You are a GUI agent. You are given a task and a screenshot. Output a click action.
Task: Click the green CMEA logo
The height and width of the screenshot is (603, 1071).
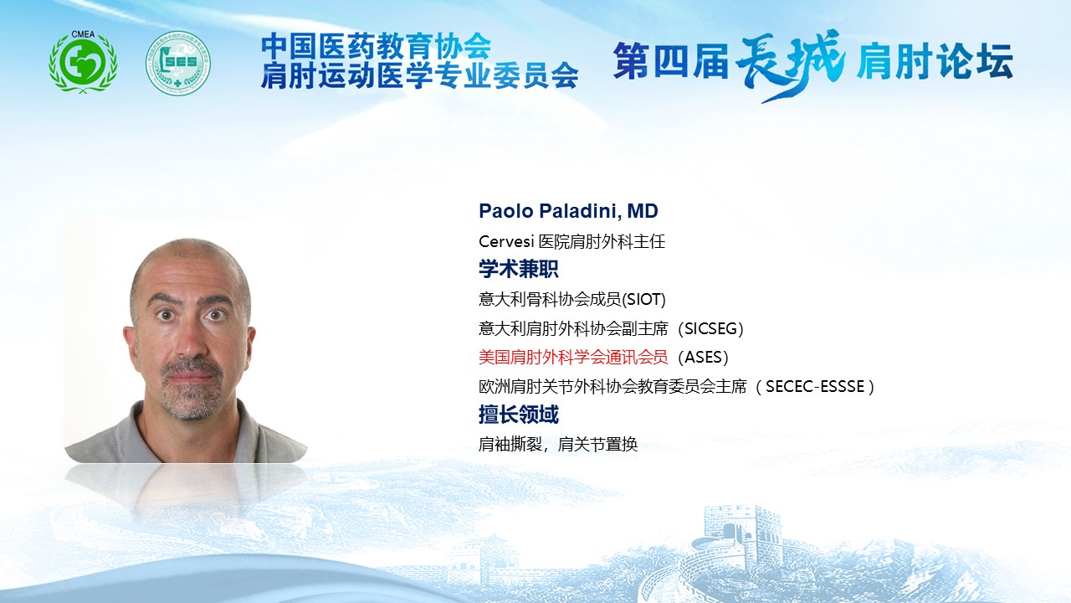click(83, 62)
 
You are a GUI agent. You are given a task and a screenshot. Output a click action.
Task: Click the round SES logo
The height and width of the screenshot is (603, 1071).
click(178, 63)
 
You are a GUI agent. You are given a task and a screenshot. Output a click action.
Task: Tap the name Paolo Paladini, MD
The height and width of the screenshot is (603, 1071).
click(568, 211)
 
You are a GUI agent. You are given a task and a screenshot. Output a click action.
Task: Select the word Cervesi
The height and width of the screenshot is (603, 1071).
click(506, 241)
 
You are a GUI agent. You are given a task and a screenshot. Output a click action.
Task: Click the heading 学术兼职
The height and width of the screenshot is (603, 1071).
click(518, 269)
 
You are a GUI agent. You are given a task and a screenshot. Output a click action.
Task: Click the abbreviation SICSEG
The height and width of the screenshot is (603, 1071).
click(710, 329)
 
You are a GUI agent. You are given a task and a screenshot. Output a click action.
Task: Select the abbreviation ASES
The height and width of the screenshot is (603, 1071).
click(704, 357)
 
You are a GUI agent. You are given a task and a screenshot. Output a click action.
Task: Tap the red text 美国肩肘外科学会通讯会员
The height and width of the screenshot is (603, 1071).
click(573, 357)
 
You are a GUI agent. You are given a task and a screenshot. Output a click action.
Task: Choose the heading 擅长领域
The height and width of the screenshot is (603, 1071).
click(518, 415)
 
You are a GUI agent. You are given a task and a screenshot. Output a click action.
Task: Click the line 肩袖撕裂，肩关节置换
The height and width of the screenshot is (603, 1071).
click(558, 445)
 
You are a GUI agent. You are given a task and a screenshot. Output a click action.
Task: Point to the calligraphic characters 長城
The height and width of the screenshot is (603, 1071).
click(790, 64)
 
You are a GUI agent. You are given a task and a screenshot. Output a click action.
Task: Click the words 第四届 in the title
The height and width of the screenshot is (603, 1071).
click(670, 62)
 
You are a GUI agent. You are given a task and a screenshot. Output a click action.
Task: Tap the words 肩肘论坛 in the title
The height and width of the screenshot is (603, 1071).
click(935, 62)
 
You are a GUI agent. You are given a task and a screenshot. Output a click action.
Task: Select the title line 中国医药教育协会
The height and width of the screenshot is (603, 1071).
click(376, 46)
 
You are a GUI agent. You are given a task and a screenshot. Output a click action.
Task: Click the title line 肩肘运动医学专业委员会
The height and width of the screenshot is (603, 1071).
click(419, 75)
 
